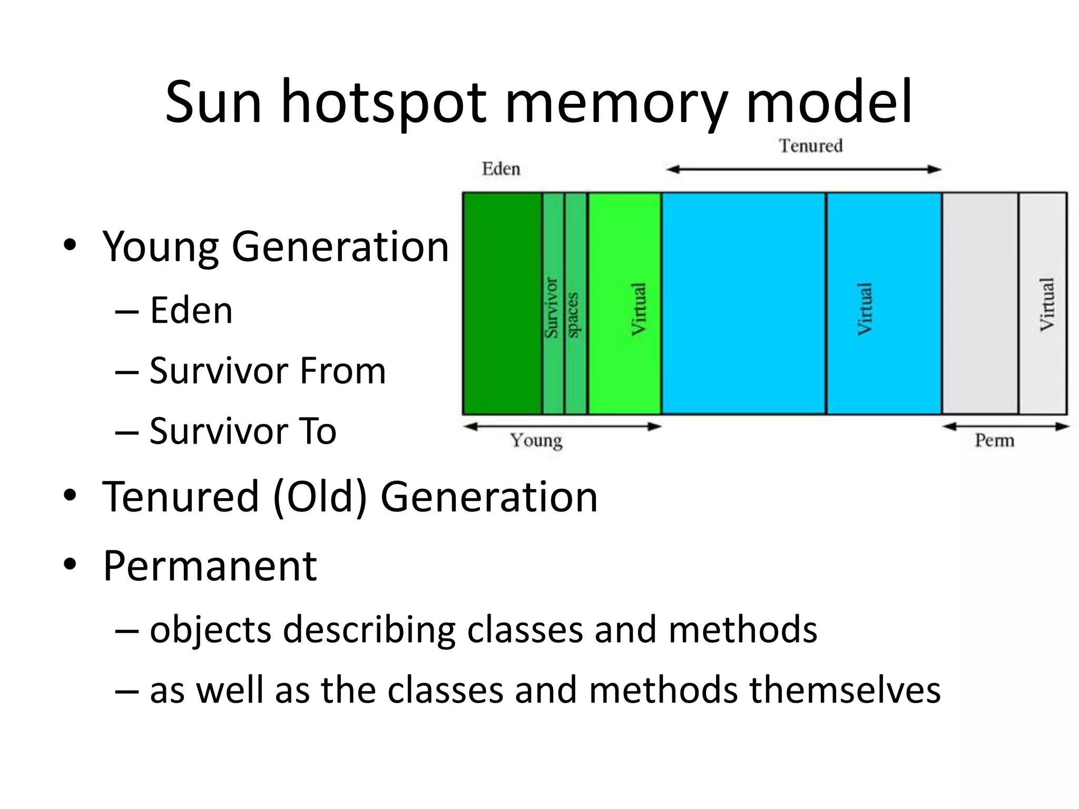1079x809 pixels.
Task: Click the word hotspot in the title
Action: tap(383, 103)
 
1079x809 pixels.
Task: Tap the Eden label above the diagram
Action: tap(501, 169)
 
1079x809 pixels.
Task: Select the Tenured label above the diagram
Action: tap(811, 145)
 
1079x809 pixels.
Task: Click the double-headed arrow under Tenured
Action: tap(803, 170)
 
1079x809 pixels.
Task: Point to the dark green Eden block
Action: tap(502, 303)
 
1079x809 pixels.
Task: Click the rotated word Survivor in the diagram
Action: tap(552, 308)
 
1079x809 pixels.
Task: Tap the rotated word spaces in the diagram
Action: tap(574, 314)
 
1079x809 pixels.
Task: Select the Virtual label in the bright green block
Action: tap(639, 309)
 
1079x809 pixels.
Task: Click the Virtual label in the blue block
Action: tap(865, 309)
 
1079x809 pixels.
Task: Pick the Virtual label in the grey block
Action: tap(1047, 305)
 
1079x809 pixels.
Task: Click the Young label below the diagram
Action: tap(536, 440)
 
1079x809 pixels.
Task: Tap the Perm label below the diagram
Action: tap(994, 440)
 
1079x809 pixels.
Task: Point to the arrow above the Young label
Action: tap(562, 427)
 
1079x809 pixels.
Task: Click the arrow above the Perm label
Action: tap(1005, 427)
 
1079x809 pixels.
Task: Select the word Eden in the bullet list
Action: tap(191, 311)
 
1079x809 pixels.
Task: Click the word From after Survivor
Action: tap(342, 371)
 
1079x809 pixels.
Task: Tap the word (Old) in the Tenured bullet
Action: tap(320, 497)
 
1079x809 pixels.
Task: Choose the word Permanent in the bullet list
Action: tap(210, 566)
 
